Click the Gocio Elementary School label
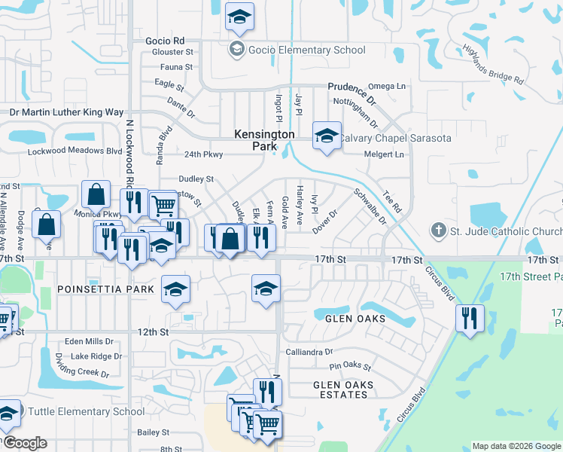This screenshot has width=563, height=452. pyautogui.click(x=307, y=50)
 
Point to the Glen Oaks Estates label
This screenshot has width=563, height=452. pyautogui.click(x=343, y=390)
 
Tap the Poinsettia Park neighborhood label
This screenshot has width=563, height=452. pyautogui.click(x=105, y=289)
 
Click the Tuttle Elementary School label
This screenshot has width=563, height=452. pyautogui.click(x=86, y=411)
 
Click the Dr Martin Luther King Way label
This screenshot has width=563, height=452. pyautogui.click(x=66, y=112)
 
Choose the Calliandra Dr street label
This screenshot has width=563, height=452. pyautogui.click(x=309, y=352)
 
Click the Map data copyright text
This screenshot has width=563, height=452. pyautogui.click(x=516, y=446)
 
